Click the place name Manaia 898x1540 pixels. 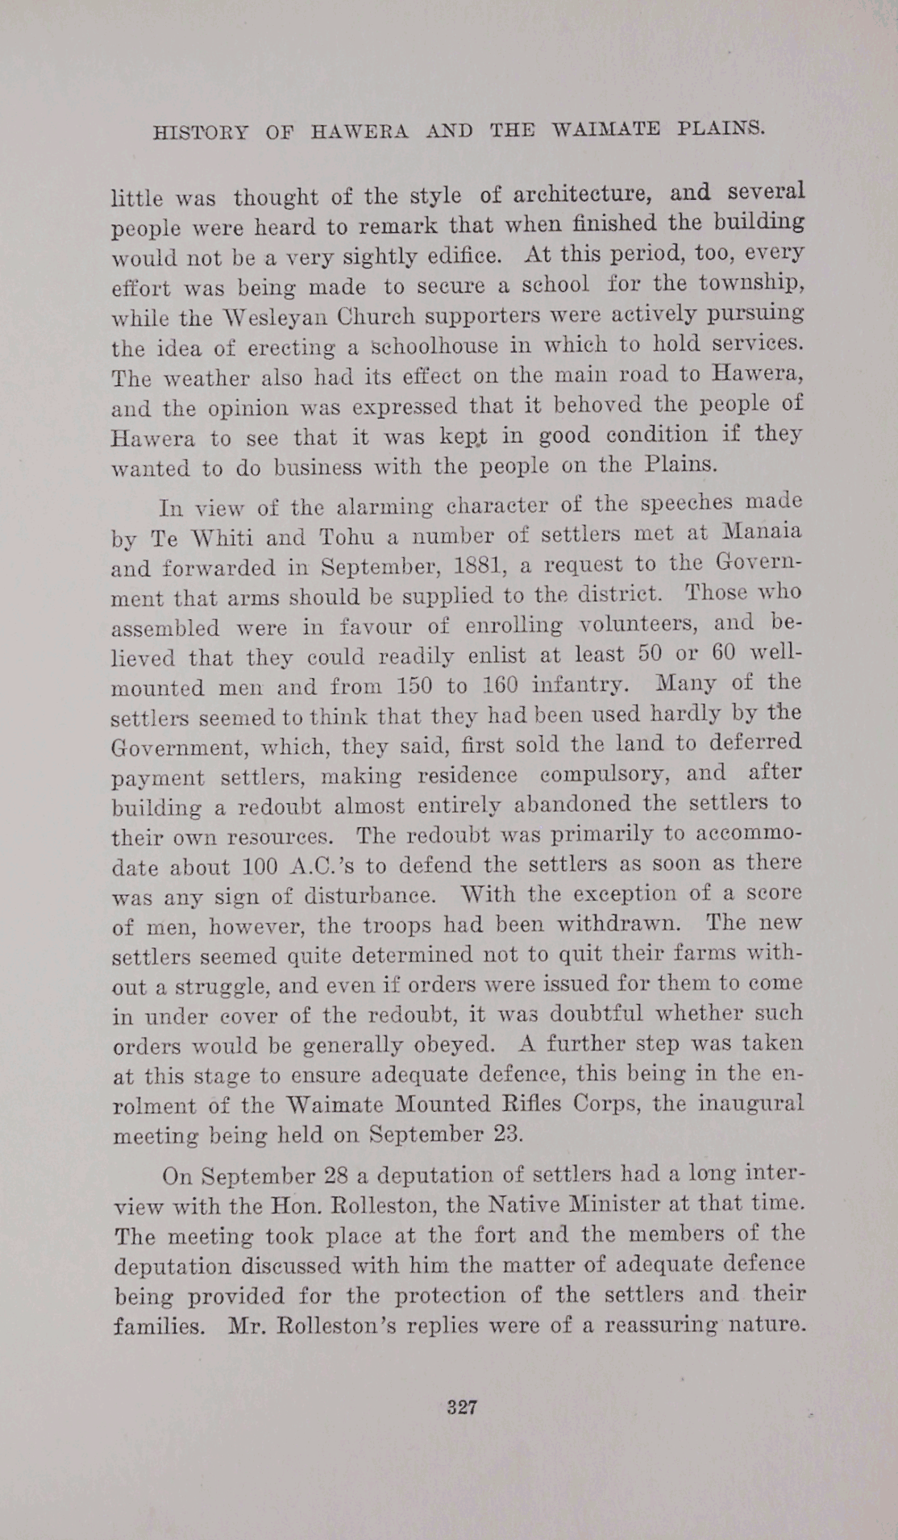(x=762, y=531)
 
